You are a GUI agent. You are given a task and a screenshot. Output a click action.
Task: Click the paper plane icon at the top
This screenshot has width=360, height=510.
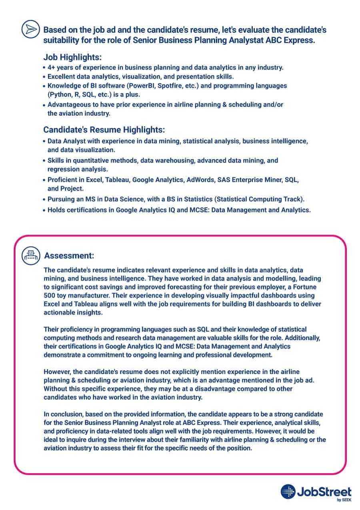click(x=30, y=30)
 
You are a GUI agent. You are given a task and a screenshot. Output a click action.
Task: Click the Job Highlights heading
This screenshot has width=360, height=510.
click(x=72, y=57)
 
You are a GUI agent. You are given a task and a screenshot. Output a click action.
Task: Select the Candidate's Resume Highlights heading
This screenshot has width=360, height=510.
click(x=104, y=130)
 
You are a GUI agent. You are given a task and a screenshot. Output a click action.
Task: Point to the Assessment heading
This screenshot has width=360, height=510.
click(x=69, y=255)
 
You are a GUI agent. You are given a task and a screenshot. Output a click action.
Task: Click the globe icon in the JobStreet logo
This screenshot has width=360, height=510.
click(x=288, y=492)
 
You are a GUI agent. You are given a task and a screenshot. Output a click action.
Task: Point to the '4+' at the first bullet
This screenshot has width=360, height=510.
click(x=52, y=68)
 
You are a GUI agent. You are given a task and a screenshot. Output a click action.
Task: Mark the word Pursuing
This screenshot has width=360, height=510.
click(x=61, y=199)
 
